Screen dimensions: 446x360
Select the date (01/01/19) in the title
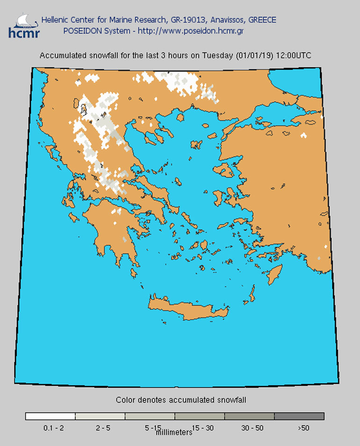254,56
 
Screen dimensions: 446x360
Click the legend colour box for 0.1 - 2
50,416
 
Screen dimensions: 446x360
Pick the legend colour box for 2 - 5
100,416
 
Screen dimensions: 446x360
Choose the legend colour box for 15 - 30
200,416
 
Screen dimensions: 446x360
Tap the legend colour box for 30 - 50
250,416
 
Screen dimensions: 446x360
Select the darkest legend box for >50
299,416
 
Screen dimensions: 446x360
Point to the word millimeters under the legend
174,432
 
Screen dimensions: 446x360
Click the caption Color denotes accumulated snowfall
180,400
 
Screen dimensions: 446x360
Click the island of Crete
192,310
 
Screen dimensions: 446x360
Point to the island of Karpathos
253,295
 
